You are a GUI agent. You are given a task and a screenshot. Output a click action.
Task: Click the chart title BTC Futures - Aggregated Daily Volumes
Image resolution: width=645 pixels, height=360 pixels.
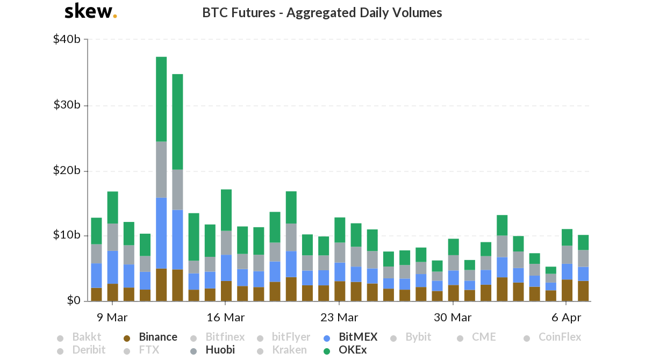322,12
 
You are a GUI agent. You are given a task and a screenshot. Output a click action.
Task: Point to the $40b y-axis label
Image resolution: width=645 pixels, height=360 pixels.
67,39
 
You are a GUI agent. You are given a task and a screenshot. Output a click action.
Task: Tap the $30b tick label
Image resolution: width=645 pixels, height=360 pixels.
67,105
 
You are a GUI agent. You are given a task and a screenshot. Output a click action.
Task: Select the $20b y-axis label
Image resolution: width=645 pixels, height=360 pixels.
67,171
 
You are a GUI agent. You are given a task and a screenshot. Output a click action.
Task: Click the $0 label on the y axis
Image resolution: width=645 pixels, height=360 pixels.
74,301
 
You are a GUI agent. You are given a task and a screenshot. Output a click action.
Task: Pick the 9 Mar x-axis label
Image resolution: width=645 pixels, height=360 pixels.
112,317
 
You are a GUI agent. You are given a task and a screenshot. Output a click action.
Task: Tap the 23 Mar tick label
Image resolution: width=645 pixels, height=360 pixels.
339,317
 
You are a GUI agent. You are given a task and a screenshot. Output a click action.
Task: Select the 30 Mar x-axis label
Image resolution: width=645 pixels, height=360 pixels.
453,317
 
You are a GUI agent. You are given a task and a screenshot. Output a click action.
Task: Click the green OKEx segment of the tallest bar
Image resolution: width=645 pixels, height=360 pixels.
161,99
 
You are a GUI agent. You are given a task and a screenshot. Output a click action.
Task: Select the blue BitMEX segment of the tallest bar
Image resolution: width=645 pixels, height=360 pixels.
161,233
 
